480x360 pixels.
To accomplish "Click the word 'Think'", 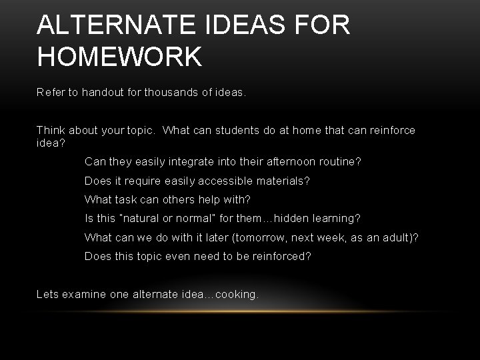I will [51, 130].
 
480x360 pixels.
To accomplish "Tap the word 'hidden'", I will [293, 218].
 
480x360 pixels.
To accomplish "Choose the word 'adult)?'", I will [399, 237].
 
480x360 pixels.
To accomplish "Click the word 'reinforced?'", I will [281, 255].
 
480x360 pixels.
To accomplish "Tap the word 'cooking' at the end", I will [237, 294].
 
